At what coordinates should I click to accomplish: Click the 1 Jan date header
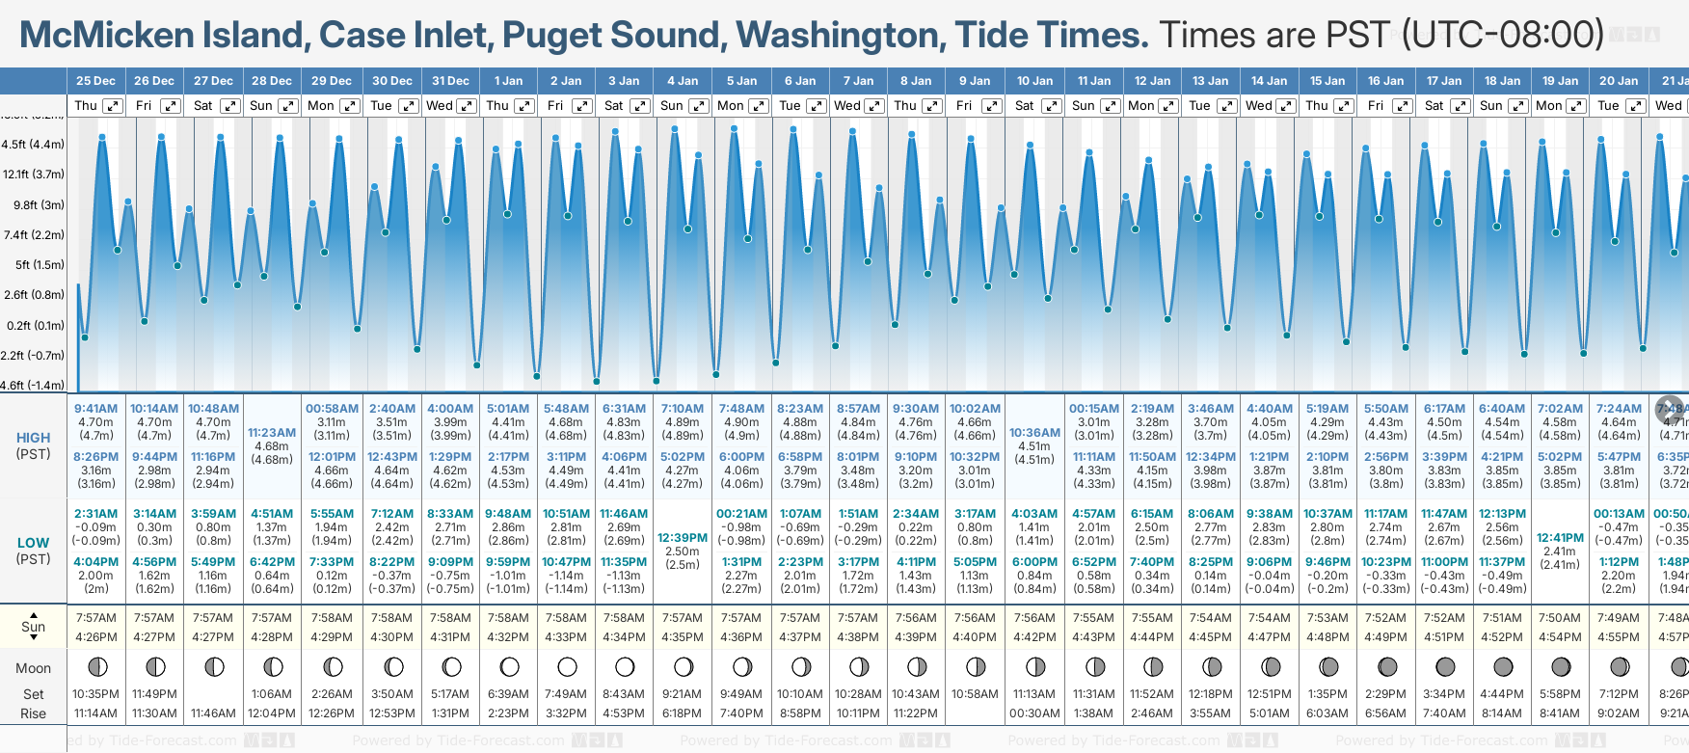[x=508, y=81]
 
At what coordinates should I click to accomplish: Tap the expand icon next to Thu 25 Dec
[x=113, y=106]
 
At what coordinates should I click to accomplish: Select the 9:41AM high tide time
[x=95, y=409]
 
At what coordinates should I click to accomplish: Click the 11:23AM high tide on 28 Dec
[x=272, y=433]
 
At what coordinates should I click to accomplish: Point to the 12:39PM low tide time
[x=683, y=538]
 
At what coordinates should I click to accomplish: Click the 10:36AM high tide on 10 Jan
[x=1034, y=433]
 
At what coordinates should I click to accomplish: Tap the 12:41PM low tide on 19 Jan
[x=1560, y=538]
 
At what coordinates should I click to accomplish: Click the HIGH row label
[x=33, y=438]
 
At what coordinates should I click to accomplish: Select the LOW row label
[x=33, y=543]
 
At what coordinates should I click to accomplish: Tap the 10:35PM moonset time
[x=95, y=694]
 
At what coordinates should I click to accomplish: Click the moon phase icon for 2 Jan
[x=567, y=666]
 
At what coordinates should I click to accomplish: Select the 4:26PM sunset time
[x=95, y=637]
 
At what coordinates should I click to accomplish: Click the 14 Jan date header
[x=1270, y=81]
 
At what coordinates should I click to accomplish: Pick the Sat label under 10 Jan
[x=1024, y=106]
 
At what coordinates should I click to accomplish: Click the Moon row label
[x=33, y=668]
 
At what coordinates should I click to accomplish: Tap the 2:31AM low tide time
[x=95, y=514]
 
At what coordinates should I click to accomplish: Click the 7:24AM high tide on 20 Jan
[x=1619, y=409]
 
